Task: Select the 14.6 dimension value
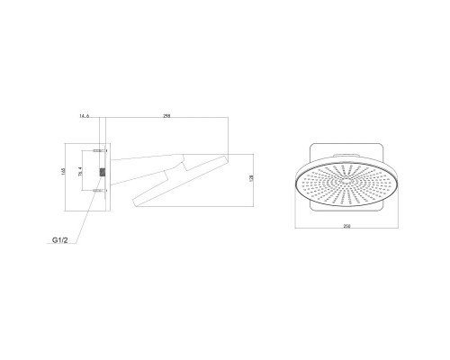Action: coord(85,115)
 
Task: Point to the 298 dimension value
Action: coord(165,115)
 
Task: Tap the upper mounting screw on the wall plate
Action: coord(100,150)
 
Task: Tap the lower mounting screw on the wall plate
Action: coord(100,192)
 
